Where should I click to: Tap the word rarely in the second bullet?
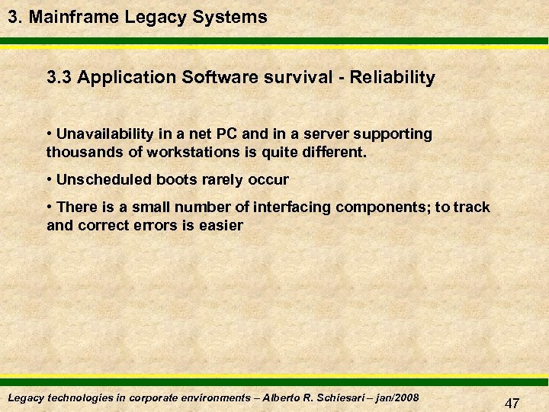pyautogui.click(x=219, y=180)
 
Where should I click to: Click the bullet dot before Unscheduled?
pyautogui.click(x=50, y=180)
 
